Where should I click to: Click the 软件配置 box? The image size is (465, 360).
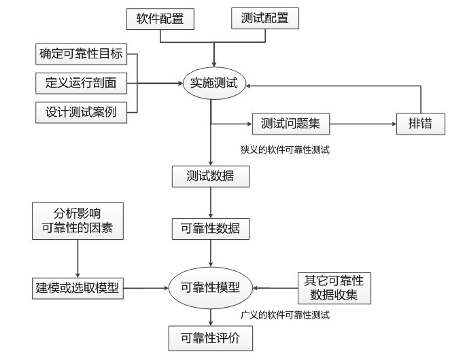pos(160,19)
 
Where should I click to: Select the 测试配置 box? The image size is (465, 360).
pos(265,18)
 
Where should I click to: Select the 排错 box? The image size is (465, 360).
pos(421,124)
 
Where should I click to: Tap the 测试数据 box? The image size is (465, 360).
pos(210,177)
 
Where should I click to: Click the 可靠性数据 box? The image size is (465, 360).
pos(210,228)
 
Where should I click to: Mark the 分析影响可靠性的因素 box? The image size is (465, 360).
pos(78,221)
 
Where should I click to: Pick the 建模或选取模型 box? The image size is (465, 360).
pos(77,287)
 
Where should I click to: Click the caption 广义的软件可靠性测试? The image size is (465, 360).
pos(286,315)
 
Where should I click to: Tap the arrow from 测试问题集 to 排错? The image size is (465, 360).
pos(364,124)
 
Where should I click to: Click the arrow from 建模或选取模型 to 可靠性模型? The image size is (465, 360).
pos(145,288)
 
